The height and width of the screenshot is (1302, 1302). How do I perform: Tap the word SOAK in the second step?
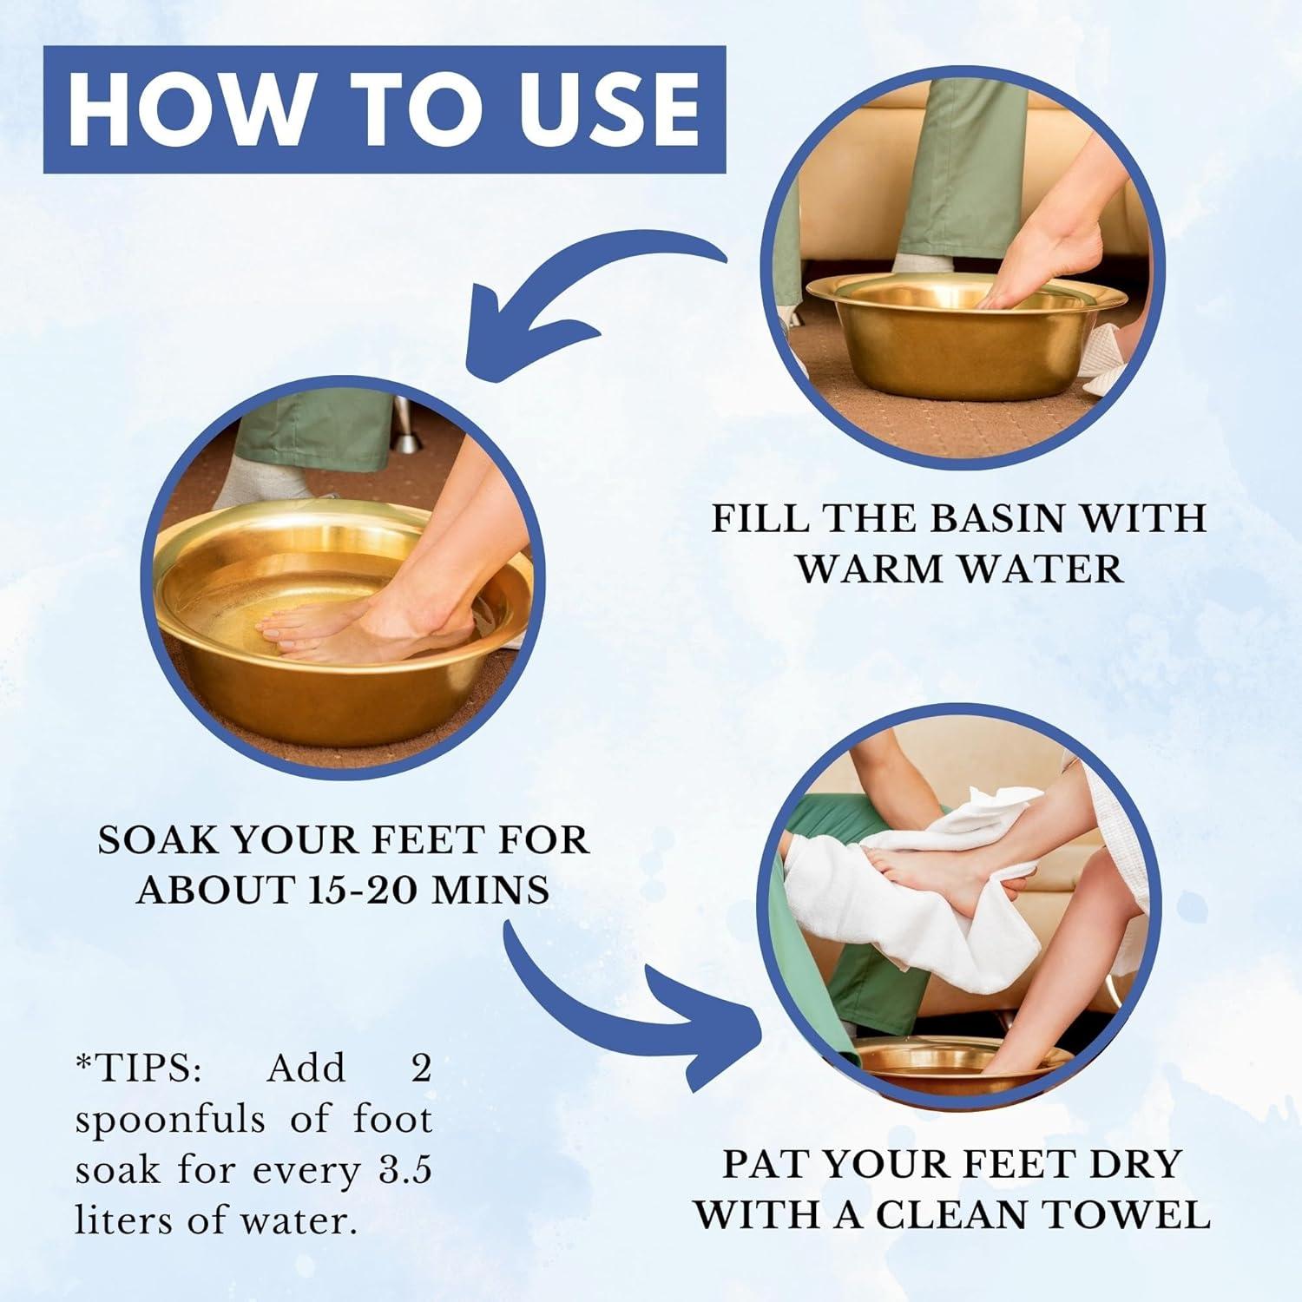click(x=156, y=840)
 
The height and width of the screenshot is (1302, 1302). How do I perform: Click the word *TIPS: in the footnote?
click(x=138, y=1069)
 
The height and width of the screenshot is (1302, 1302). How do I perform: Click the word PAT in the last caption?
click(x=767, y=1164)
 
